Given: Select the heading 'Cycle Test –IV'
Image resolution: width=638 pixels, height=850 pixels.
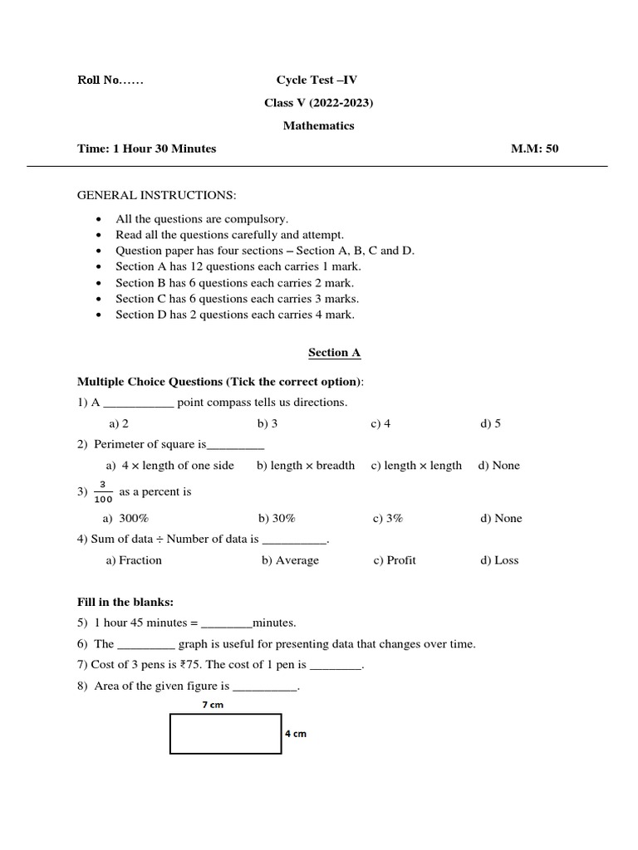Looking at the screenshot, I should (317, 81).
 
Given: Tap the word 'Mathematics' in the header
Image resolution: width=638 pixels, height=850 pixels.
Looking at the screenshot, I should (318, 126).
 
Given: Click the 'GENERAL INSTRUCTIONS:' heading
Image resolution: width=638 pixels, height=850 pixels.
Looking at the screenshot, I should (157, 195).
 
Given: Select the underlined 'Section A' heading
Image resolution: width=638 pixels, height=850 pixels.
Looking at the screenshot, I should (335, 353).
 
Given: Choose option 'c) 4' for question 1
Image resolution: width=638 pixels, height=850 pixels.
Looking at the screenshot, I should (380, 423).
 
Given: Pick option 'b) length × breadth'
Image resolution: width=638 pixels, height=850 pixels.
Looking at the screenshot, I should (306, 466).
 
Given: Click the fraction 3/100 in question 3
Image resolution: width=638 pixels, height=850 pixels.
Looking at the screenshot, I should (103, 491).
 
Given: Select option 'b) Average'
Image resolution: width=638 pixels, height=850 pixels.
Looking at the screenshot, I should (290, 560).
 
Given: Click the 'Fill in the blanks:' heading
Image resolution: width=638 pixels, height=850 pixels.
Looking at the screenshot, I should (125, 602).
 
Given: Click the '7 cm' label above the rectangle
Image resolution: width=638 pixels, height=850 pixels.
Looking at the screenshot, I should (213, 705).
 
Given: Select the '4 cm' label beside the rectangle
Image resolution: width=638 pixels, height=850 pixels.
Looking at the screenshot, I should (296, 734).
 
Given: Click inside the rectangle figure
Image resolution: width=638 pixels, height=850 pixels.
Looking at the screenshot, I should (225, 734).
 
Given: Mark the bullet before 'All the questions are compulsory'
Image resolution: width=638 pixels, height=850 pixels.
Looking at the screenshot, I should (99, 219).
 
